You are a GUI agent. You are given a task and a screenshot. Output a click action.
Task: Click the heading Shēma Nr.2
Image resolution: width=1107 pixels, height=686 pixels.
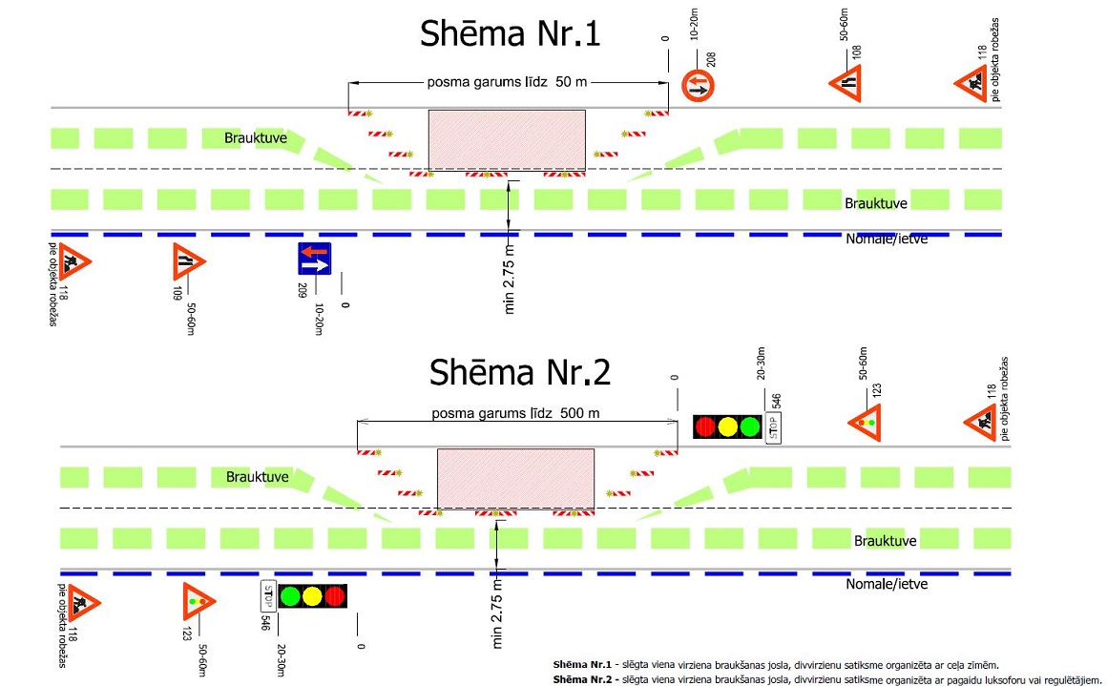pyautogui.click(x=520, y=372)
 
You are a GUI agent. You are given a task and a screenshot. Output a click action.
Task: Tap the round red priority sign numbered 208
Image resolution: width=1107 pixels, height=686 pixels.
pyautogui.click(x=698, y=87)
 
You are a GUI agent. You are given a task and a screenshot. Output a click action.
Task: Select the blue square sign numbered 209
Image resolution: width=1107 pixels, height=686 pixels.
pyautogui.click(x=314, y=260)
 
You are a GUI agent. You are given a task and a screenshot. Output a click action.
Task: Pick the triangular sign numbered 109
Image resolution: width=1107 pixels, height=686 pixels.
pyautogui.click(x=189, y=260)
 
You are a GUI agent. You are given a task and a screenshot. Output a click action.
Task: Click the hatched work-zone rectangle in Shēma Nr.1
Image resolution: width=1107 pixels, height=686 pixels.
pyautogui.click(x=507, y=141)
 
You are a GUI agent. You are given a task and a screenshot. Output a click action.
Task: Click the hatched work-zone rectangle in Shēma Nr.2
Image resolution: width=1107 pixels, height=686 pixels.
pyautogui.click(x=515, y=479)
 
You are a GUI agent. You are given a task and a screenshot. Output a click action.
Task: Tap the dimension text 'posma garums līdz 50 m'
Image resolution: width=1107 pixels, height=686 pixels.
pyautogui.click(x=506, y=82)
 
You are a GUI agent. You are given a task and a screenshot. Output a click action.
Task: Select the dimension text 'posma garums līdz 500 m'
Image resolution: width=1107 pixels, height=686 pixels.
pyautogui.click(x=515, y=413)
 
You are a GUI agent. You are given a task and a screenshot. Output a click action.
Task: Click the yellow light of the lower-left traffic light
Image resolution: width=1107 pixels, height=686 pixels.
pyautogui.click(x=311, y=597)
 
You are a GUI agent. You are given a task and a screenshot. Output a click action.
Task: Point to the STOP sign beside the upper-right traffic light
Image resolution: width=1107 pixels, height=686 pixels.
pyautogui.click(x=774, y=427)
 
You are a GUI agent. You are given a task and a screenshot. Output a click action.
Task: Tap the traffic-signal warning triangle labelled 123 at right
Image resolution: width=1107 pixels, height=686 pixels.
pyautogui.click(x=865, y=422)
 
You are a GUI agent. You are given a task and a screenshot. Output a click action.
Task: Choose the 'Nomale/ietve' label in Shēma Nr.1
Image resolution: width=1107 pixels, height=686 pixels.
pyautogui.click(x=887, y=239)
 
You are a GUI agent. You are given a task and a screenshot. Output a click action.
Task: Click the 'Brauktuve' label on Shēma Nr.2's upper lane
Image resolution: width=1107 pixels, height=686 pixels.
pyautogui.click(x=256, y=475)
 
